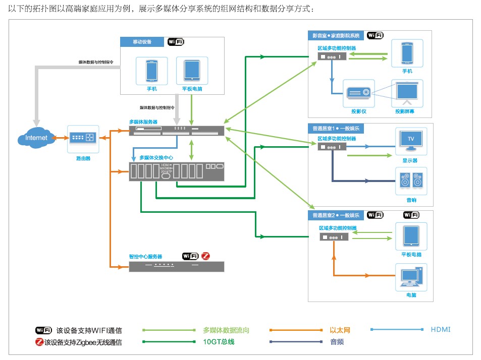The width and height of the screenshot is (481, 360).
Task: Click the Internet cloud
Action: click(x=36, y=138)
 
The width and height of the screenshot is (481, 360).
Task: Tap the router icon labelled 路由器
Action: click(x=83, y=138)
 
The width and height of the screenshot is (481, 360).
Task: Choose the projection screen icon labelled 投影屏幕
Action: click(x=407, y=92)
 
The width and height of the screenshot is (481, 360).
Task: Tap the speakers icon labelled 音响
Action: click(x=411, y=181)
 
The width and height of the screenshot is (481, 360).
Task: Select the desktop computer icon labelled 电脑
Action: click(x=411, y=277)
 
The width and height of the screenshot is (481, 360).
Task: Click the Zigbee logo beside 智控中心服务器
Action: click(x=205, y=256)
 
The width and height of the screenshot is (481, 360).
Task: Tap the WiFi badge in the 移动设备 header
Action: click(x=176, y=42)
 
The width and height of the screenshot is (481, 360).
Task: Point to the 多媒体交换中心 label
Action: click(x=156, y=158)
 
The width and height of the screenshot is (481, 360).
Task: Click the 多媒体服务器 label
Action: click(x=143, y=122)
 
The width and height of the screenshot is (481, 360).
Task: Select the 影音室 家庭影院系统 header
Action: click(x=336, y=36)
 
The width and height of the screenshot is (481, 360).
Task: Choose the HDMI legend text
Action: click(x=441, y=330)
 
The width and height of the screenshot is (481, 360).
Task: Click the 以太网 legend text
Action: click(x=340, y=330)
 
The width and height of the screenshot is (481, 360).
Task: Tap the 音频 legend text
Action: click(x=337, y=342)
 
